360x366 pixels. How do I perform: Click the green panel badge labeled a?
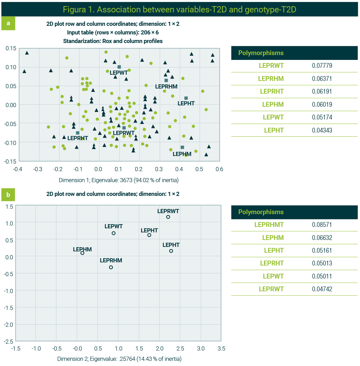[8, 23]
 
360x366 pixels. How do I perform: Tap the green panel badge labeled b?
[8, 195]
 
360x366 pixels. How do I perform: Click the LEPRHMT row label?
[269, 225]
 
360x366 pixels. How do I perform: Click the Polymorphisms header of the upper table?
[261, 53]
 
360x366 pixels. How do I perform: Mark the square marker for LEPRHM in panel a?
[166, 81]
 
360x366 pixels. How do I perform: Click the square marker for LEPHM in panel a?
[182, 147]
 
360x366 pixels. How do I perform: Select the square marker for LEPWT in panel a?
[119, 67]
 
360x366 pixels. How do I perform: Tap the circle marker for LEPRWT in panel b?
[168, 217]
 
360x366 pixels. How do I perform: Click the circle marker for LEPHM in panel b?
[82, 253]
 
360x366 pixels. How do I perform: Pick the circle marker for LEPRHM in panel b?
[111, 267]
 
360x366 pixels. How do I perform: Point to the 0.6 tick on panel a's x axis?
[219, 169]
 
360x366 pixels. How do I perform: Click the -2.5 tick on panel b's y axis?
[9, 341]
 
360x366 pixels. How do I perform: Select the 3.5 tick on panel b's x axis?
[222, 348]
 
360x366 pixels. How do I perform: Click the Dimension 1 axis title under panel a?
[119, 180]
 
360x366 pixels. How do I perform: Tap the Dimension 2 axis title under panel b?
[119, 359]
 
